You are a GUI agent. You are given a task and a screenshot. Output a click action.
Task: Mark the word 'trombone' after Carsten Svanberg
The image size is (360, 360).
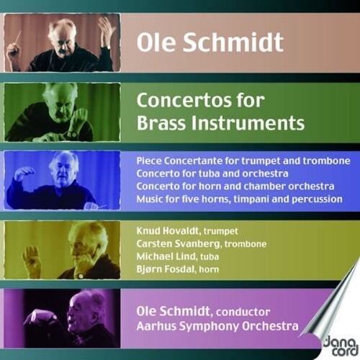click(246, 244)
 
